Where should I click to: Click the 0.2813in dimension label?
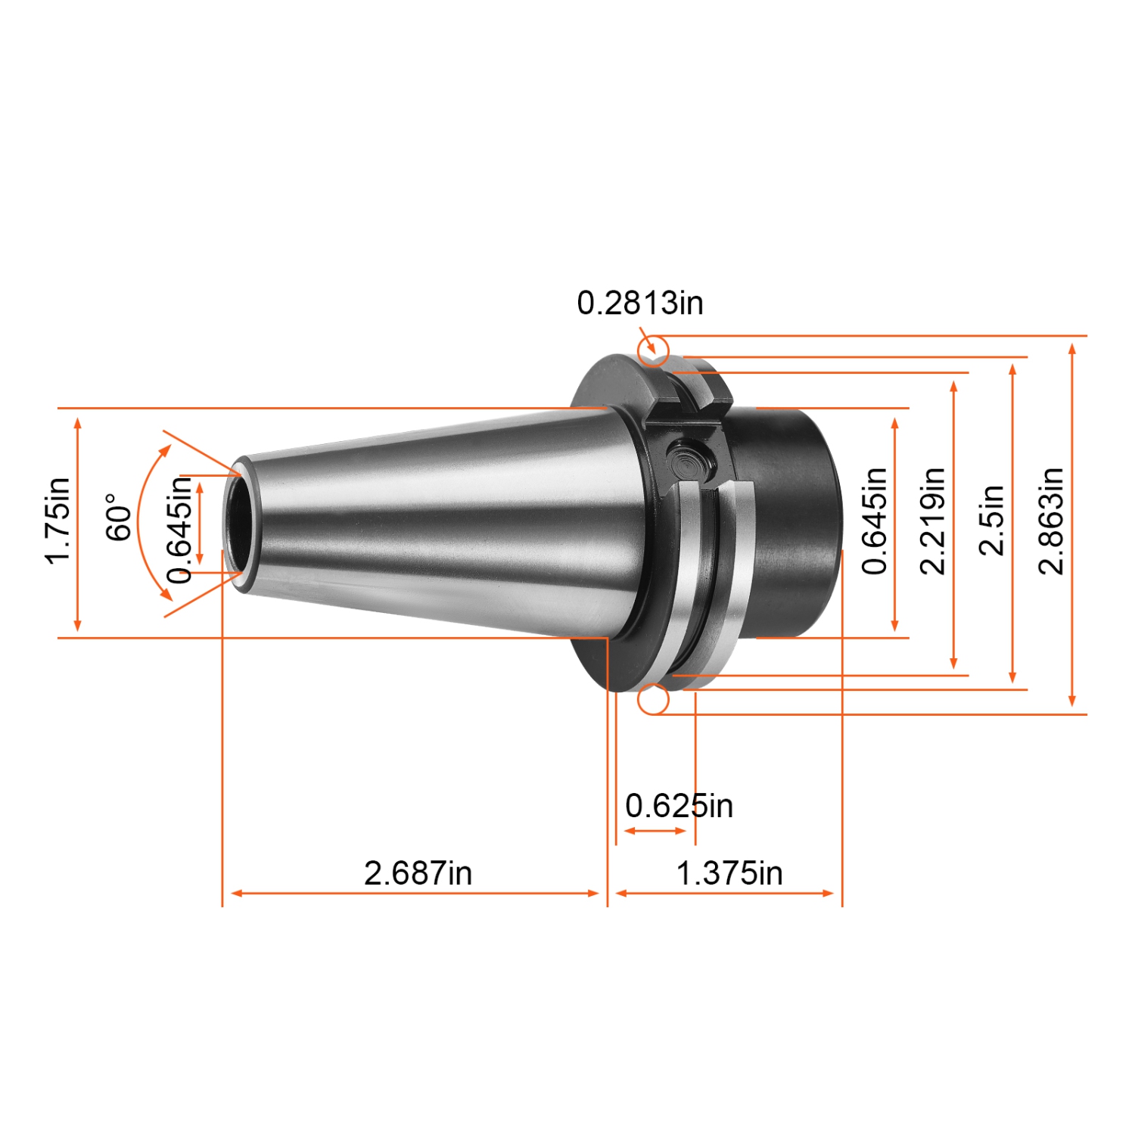coord(639,303)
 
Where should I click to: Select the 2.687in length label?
coord(418,873)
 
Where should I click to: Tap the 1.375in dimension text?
coord(729,873)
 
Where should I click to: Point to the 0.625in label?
coord(679,806)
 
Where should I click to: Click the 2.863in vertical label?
coord(1051,521)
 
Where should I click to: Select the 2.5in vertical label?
coord(991,521)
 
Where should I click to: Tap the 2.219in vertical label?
coord(932,521)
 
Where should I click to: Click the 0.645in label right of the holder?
coord(874,521)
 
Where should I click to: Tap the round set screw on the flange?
coord(689,459)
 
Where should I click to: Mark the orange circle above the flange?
coord(653,351)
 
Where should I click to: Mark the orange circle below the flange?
coord(653,700)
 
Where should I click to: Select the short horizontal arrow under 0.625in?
coord(655,831)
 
